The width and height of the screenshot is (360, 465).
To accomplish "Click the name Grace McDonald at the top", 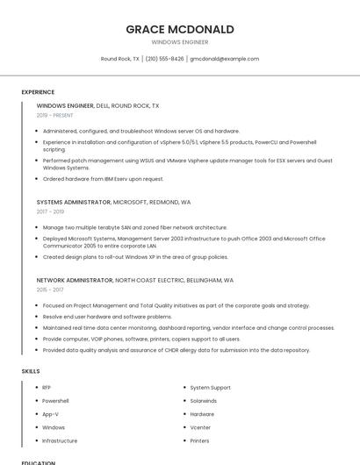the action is point(180,29).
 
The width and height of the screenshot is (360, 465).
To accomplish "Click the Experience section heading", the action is point(38,92).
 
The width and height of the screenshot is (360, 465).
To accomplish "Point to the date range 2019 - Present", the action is point(55,115).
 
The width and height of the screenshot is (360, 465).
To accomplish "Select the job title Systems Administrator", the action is point(74,202).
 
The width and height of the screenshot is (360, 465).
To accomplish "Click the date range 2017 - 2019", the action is point(50,211).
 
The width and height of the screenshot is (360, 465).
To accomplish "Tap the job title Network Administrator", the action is point(75,280).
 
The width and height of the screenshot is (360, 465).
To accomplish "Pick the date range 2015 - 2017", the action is point(50,290).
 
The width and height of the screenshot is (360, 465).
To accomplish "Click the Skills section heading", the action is point(31,371).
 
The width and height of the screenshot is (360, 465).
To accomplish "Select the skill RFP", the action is point(47,387).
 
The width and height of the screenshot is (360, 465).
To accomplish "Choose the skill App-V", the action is point(51,414).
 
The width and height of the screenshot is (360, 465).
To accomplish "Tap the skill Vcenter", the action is point(201,427).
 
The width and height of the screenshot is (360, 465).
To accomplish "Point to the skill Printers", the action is point(199,440).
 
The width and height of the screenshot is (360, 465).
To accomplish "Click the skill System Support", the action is point(211,387).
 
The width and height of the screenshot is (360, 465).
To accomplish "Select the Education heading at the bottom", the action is point(39,462).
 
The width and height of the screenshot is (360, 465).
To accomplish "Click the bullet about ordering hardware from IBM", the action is point(103,179).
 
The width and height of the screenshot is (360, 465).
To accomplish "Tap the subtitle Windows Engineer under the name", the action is point(180,41).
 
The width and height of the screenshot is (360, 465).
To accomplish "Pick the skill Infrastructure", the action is point(60,440).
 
